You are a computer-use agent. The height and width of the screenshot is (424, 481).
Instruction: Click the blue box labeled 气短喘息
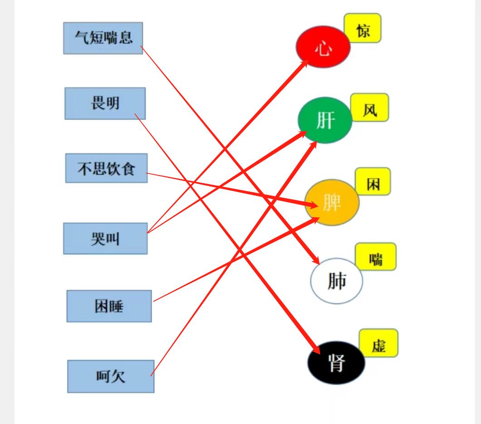click(103, 38)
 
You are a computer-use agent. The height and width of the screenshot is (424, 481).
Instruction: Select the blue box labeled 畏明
click(105, 104)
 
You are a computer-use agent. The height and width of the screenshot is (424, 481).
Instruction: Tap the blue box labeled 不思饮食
click(107, 168)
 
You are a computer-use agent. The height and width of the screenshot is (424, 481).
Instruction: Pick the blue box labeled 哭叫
click(105, 238)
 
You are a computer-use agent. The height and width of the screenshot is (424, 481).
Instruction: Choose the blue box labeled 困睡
click(109, 306)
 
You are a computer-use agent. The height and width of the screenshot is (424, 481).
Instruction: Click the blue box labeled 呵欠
click(111, 376)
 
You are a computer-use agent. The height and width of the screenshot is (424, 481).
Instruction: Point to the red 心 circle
click(323, 47)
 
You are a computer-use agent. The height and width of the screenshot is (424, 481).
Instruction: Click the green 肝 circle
click(325, 120)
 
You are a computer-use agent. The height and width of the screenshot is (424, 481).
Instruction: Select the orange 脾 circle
click(332, 202)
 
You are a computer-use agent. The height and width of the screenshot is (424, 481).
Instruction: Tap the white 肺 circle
click(336, 281)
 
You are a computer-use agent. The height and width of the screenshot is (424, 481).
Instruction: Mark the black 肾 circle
click(336, 362)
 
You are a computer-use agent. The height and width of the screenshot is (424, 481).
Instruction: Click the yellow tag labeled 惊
click(363, 28)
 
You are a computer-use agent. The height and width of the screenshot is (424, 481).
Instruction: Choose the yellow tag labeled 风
click(369, 107)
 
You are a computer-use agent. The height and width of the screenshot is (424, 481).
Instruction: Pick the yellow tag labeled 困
click(373, 181)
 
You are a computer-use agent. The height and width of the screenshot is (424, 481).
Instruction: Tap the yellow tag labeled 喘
click(376, 257)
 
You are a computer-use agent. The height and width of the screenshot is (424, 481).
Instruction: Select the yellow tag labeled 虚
click(379, 343)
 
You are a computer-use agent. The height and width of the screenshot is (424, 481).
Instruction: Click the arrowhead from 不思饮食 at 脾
click(312, 205)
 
